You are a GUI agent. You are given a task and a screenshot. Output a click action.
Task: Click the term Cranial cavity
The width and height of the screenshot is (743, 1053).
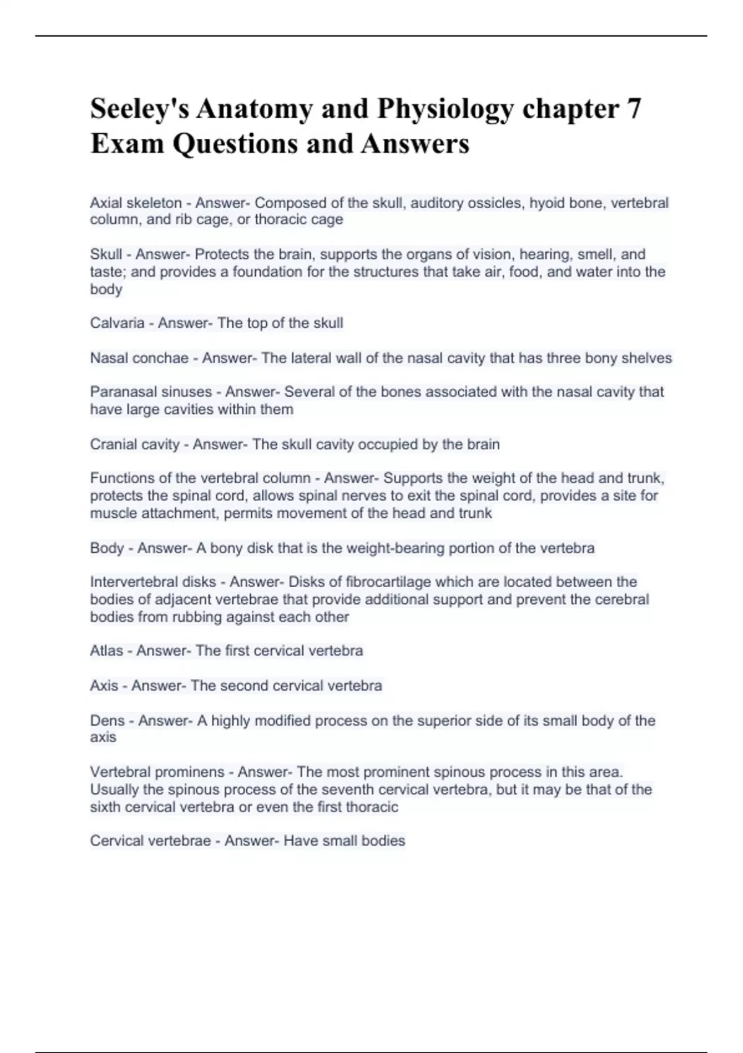[x=135, y=444]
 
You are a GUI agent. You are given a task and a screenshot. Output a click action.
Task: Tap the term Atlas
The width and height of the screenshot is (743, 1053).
[x=106, y=651]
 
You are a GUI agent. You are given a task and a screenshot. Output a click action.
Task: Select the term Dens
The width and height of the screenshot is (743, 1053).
[x=107, y=720]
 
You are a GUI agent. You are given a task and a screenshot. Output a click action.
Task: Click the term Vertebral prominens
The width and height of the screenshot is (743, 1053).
[x=157, y=772]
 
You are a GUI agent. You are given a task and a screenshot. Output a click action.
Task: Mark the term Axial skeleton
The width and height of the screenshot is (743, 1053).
[x=136, y=203]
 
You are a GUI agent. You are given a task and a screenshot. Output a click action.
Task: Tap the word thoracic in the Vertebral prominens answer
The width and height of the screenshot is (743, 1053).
[x=370, y=807]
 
